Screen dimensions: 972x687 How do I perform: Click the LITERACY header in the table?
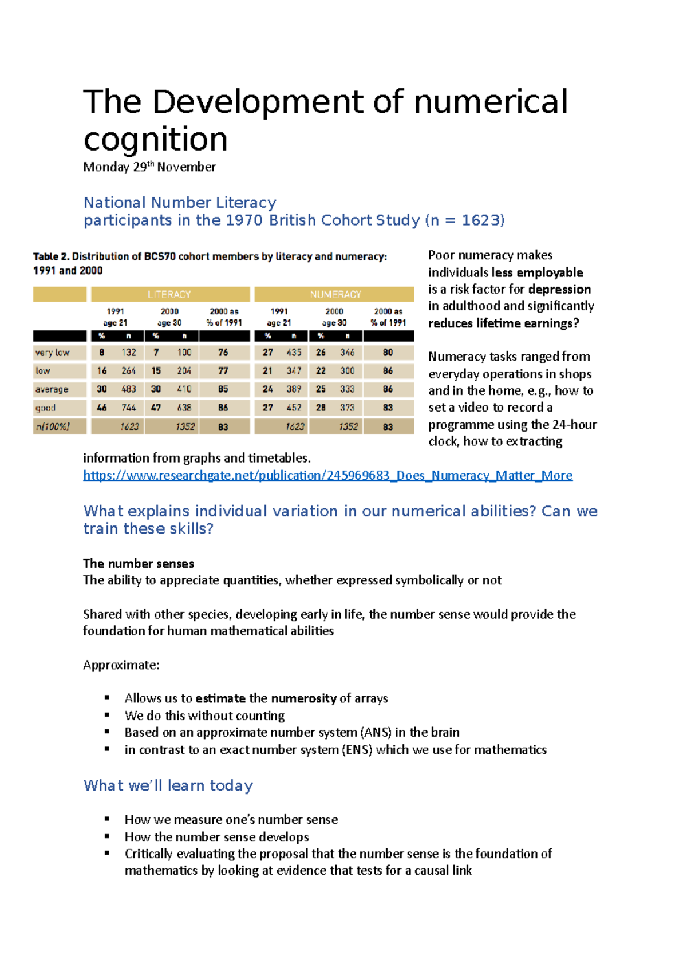pos(169,294)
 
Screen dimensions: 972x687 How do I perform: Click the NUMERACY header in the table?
pos(335,294)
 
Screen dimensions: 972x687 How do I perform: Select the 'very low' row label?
pos(53,353)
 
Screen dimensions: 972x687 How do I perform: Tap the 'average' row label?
pos(52,389)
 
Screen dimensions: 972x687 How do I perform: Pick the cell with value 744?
pos(129,408)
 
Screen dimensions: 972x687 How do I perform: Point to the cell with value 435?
pos(294,353)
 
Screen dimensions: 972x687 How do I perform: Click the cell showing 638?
pos(184,408)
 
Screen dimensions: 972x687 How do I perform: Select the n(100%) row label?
pos(53,426)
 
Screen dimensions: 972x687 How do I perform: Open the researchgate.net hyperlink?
pos(327,475)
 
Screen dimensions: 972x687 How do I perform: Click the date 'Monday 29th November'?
pos(149,167)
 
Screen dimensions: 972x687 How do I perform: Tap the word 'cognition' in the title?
pos(155,139)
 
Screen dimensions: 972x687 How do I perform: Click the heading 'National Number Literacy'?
pos(180,203)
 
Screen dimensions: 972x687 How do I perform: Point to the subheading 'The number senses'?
pos(139,563)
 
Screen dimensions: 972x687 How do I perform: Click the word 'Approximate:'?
pos(121,665)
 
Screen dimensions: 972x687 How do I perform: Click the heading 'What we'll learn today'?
pos(168,785)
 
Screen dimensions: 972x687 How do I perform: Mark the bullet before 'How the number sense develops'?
pos(107,836)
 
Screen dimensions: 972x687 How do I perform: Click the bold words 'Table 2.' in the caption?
pos(51,256)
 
